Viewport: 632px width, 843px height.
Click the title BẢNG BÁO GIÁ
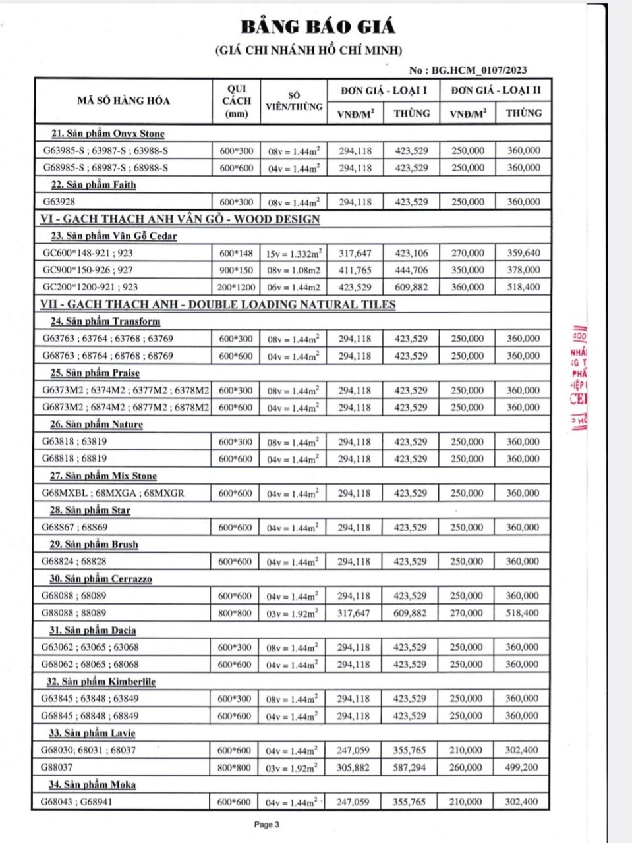pyautogui.click(x=318, y=27)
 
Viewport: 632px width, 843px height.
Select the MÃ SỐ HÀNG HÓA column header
pyautogui.click(x=123, y=101)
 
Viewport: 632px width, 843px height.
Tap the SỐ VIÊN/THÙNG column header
pyautogui.click(x=294, y=101)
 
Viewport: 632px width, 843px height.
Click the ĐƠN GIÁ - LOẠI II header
pyautogui.click(x=496, y=90)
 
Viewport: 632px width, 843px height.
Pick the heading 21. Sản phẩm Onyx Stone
pyautogui.click(x=107, y=134)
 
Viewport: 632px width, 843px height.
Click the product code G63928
pyautogui.click(x=59, y=202)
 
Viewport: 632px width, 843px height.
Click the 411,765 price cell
pyautogui.click(x=355, y=270)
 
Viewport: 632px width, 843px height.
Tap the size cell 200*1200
pyautogui.click(x=235, y=287)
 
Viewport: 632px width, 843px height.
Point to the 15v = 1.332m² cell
pyautogui.click(x=294, y=253)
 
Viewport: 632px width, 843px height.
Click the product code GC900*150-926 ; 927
pyautogui.click(x=88, y=270)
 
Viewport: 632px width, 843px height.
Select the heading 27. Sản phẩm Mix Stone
pyautogui.click(x=103, y=476)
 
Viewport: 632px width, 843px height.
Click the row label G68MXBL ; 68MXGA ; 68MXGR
pyautogui.click(x=113, y=493)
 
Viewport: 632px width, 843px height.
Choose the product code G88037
pyautogui.click(x=57, y=767)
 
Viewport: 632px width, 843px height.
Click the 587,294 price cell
pyautogui.click(x=409, y=767)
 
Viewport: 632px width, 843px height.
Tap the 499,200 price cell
pyautogui.click(x=521, y=767)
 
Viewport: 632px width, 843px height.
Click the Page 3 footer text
pyautogui.click(x=267, y=824)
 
